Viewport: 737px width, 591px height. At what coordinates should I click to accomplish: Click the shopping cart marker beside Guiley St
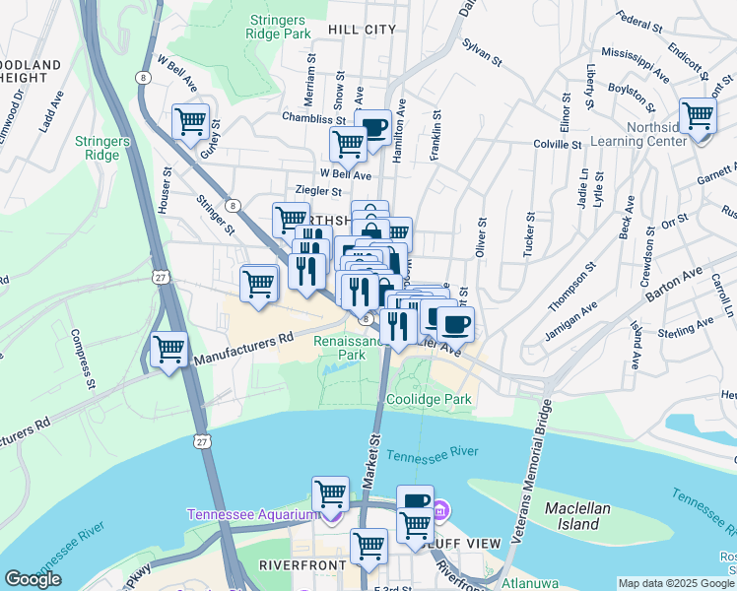(190, 123)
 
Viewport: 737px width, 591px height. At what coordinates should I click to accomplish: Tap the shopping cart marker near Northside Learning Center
(698, 116)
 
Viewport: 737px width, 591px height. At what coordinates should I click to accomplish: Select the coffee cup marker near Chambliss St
(373, 126)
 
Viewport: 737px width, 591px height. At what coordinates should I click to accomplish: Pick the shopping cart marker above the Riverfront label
(368, 545)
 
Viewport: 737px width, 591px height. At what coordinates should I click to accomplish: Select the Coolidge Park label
(429, 399)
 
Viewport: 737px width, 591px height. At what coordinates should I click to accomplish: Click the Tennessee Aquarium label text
(254, 514)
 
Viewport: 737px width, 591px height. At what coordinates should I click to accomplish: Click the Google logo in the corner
(33, 579)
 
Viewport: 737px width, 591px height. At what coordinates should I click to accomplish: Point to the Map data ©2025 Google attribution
(676, 583)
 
